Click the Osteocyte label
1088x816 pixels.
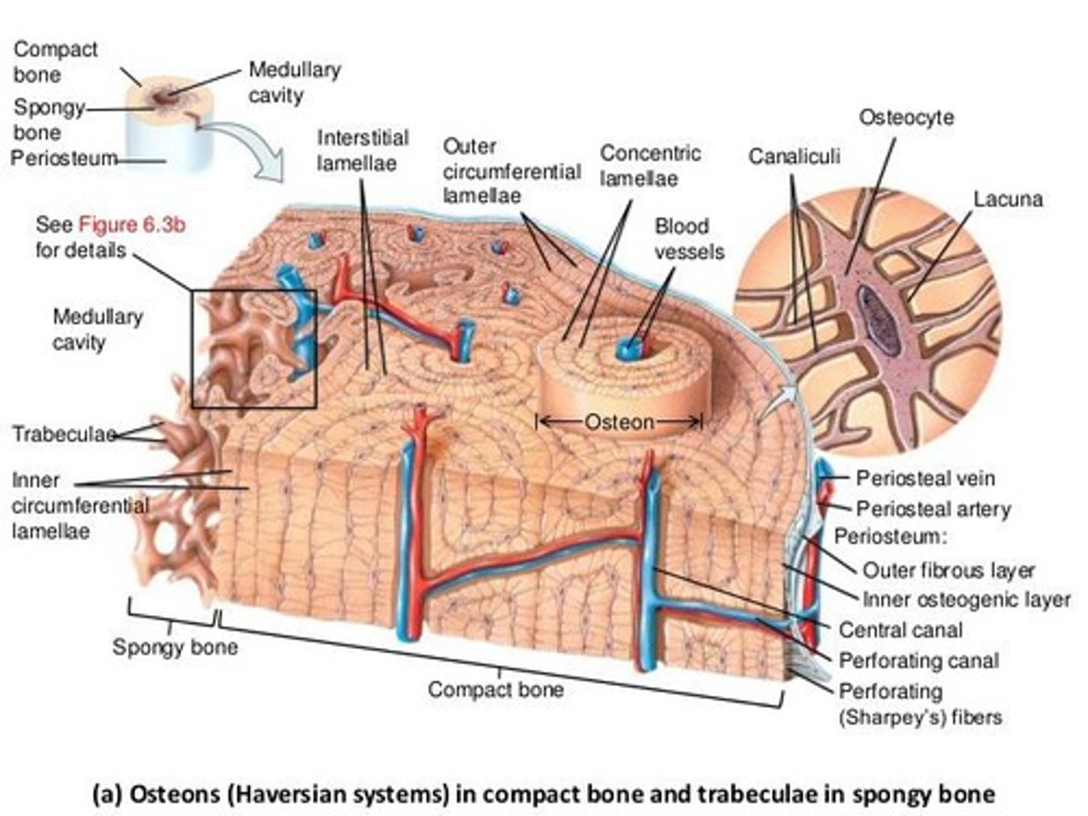tap(906, 118)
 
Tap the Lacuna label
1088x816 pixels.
tap(1008, 199)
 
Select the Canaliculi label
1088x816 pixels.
tap(793, 156)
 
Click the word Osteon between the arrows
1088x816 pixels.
tap(620, 422)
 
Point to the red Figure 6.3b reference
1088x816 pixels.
tap(132, 224)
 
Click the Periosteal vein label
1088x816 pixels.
tap(925, 478)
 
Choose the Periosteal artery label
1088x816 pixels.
tap(932, 509)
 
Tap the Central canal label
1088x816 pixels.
tap(900, 630)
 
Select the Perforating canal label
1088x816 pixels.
tap(918, 661)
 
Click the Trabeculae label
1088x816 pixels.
tap(63, 434)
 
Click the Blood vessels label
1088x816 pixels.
tap(688, 239)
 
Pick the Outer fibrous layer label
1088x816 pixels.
tap(948, 570)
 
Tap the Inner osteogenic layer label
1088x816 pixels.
tap(966, 600)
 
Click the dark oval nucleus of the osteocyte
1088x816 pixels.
tap(878, 320)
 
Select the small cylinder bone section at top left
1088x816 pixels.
tap(170, 125)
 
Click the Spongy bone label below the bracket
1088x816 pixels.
tap(175, 648)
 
